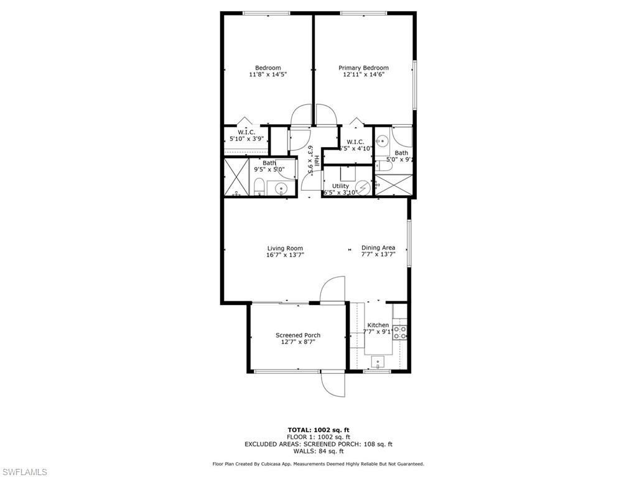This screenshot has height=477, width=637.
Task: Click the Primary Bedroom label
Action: click(363, 68)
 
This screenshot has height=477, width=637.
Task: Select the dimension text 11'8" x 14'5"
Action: click(267, 75)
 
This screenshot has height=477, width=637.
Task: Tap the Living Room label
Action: click(285, 248)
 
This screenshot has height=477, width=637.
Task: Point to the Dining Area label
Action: click(378, 247)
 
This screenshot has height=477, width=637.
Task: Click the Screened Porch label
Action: click(298, 335)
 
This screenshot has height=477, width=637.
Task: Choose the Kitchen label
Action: click(378, 325)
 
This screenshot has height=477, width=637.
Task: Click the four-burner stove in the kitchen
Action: click(400, 332)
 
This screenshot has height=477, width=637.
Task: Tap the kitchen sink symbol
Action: click(378, 360)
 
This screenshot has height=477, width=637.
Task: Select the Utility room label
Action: click(340, 186)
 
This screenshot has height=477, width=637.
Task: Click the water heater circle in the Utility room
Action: click(363, 186)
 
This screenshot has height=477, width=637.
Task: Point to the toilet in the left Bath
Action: click(259, 187)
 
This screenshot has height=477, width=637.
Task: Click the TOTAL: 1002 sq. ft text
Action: click(318, 430)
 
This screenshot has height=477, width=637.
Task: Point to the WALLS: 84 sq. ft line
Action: click(318, 451)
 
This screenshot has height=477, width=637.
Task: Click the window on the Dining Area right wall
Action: click(409, 243)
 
